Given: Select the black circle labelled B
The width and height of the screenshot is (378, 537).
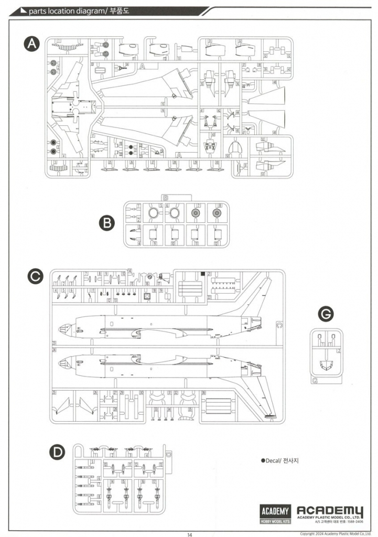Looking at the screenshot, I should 106,223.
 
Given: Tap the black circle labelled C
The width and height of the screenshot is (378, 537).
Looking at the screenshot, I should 35,277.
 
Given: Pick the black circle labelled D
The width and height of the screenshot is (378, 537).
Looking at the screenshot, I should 57,452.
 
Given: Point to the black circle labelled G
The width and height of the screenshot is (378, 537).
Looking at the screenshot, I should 326,314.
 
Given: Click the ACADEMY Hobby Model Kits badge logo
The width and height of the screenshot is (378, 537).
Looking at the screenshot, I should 275,514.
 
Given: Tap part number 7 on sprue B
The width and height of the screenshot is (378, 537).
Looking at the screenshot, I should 138,206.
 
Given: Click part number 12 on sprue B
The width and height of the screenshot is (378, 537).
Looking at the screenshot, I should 198,206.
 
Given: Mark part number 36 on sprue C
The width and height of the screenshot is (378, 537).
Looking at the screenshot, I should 203,393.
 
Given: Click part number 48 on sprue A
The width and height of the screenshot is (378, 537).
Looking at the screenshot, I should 275,82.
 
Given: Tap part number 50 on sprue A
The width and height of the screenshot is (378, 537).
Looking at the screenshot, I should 228,156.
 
